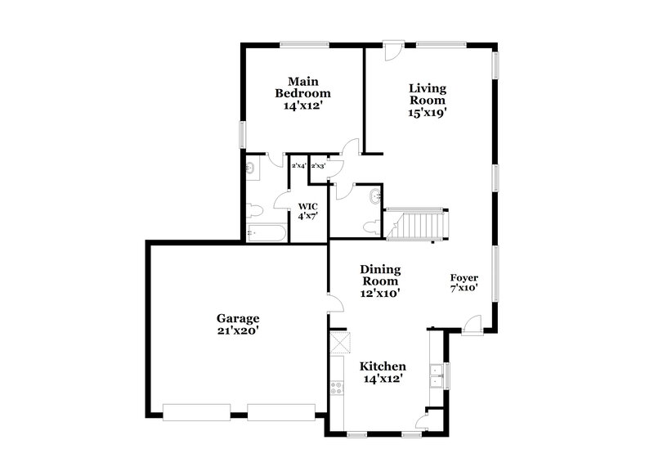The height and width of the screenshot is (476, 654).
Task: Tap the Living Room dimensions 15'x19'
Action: click(428, 114)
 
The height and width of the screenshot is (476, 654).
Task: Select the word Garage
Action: click(237, 318)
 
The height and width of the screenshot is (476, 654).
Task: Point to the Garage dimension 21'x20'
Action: click(237, 330)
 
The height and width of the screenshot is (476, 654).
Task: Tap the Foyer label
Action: click(464, 277)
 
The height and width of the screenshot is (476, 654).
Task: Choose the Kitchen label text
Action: click(383, 366)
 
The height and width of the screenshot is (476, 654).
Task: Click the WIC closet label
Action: click(307, 206)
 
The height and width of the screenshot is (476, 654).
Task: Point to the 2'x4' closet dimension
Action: click(299, 166)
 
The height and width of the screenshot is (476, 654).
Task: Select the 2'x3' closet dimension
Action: click(318, 166)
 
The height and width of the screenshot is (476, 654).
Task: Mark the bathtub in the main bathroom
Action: click(267, 234)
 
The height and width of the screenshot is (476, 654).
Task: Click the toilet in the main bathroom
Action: click(254, 209)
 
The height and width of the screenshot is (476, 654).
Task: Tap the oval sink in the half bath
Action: click(375, 196)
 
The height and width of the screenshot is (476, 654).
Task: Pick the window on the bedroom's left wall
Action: click(242, 134)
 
